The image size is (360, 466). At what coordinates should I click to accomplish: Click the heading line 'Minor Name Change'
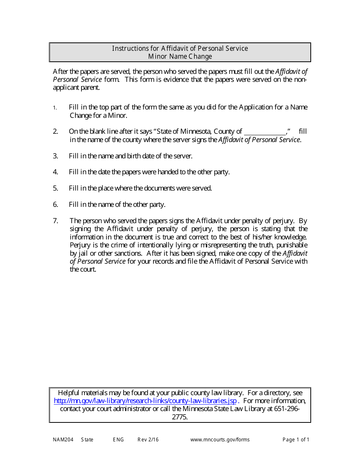[x=180, y=56]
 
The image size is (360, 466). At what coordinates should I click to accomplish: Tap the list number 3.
[x=55, y=156]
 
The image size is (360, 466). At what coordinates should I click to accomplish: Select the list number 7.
[x=55, y=220]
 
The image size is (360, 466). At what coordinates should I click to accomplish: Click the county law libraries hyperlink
[x=145, y=401]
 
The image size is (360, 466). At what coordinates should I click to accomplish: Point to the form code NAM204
[x=62, y=440]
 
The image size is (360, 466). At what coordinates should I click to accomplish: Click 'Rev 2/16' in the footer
[x=148, y=440]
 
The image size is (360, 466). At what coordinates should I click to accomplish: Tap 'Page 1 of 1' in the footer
[x=296, y=440]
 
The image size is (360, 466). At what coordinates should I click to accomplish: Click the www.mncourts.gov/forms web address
[x=220, y=440]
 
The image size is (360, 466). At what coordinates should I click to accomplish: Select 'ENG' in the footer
[x=118, y=440]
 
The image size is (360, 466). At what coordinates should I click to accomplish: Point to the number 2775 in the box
[x=180, y=418]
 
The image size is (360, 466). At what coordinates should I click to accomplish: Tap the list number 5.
[x=55, y=188]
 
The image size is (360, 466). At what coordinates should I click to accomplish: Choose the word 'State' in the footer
[x=87, y=440]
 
